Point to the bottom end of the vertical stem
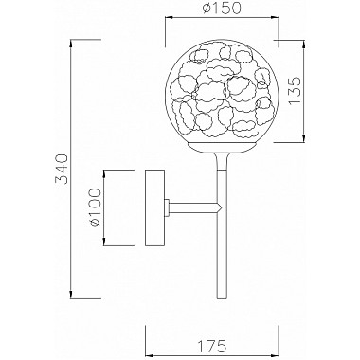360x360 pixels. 217,291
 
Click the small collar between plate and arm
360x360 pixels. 168,207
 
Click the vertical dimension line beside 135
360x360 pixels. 301,95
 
